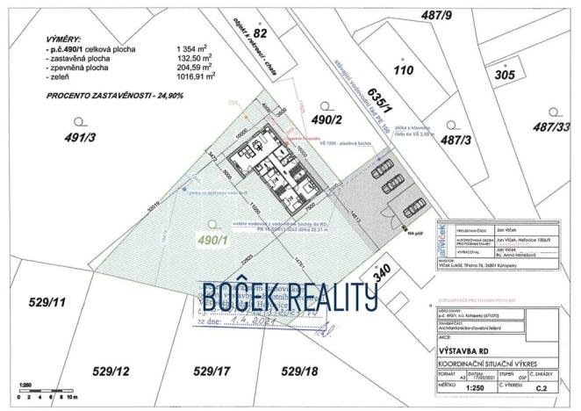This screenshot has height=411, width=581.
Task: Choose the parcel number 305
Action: tap(503, 75)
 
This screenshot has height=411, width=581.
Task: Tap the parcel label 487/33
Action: tap(552, 127)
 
